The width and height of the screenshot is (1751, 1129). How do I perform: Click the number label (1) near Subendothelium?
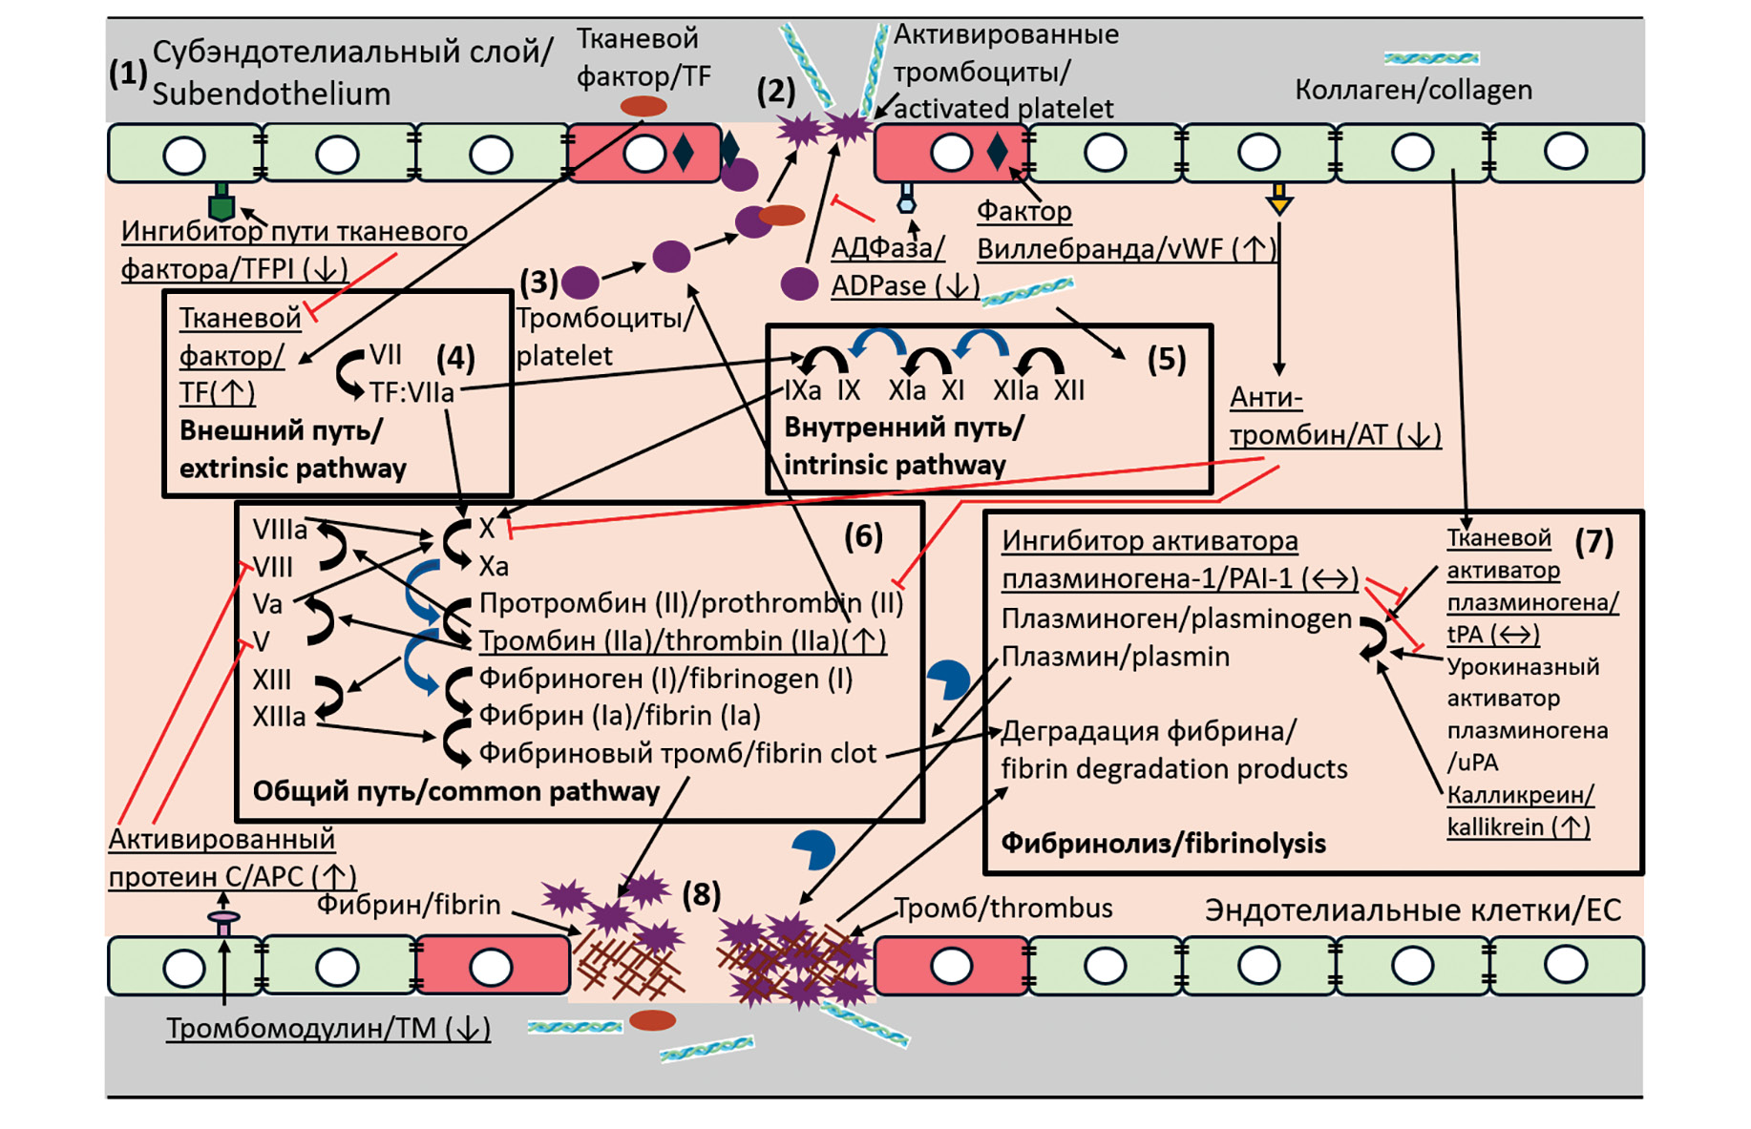tap(128, 73)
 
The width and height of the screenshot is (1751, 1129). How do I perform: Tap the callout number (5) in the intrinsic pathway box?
tap(1166, 360)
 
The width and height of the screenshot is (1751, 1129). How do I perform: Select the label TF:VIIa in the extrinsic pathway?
tap(411, 392)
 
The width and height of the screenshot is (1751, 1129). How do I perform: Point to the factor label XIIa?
tap(1015, 390)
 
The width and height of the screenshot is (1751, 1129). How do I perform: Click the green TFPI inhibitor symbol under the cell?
tap(222, 203)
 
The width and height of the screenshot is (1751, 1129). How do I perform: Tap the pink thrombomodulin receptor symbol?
tap(223, 921)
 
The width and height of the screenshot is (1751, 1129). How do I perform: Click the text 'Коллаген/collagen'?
tap(1413, 90)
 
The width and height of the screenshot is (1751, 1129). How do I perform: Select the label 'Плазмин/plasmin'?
tap(1115, 657)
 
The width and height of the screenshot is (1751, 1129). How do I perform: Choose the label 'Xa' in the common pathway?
tap(494, 566)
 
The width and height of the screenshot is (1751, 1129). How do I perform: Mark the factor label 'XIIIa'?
tap(279, 717)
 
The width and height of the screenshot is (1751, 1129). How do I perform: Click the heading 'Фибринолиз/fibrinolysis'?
tap(1163, 843)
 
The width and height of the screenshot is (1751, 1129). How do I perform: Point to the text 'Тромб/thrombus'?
tap(1003, 908)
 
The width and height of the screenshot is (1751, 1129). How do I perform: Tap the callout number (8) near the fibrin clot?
tap(702, 894)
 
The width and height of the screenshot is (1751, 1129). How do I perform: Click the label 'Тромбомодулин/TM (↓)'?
tap(328, 1028)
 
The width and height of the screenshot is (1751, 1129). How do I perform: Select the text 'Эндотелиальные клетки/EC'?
tap(1412, 909)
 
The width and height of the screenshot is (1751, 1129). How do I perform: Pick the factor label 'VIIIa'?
tap(280, 530)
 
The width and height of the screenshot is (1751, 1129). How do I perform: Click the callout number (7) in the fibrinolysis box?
tap(1593, 542)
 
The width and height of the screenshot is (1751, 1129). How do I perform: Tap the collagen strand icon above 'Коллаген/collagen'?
tap(1431, 59)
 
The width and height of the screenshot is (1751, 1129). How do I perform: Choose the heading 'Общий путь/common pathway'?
tap(455, 791)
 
